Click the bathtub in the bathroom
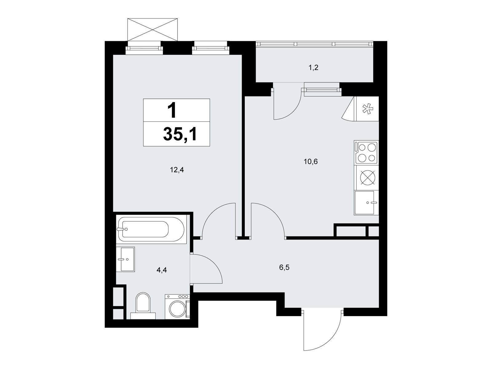[151, 229]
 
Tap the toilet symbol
[143, 306]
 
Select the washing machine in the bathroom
[177, 307]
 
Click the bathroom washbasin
[125, 259]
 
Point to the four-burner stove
[366, 153]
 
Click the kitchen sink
[366, 203]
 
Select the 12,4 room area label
[177, 170]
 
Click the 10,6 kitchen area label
[311, 161]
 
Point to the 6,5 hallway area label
[284, 267]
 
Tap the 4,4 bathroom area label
[162, 270]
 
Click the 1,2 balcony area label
[314, 67]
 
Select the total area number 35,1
[180, 134]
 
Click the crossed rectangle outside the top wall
[153, 30]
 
